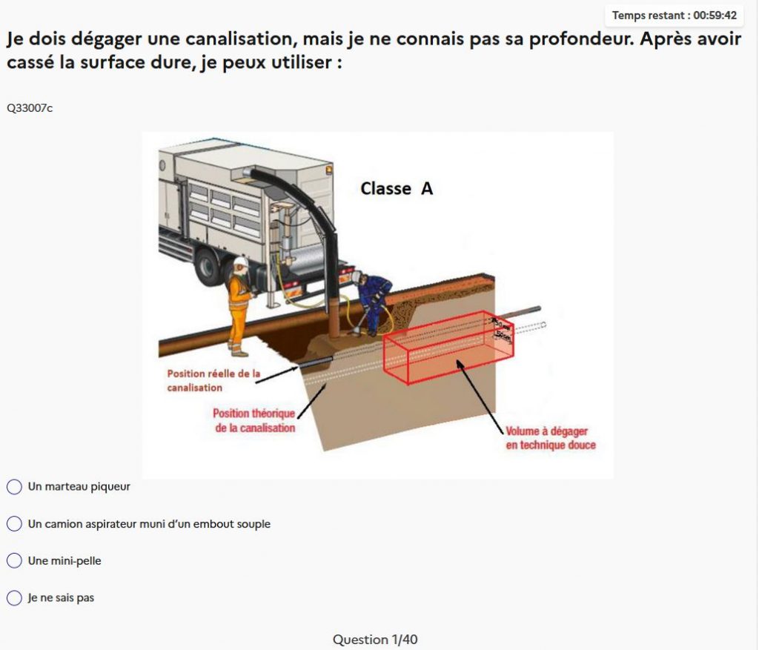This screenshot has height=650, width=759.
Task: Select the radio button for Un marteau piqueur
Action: click(14, 487)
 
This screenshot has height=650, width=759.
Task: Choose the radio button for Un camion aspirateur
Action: click(14, 524)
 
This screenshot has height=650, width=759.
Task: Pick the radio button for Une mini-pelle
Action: click(14, 561)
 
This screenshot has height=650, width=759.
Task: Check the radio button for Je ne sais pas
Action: click(14, 597)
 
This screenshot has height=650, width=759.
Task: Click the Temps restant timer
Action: click(674, 15)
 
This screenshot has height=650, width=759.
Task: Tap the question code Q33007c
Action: click(30, 108)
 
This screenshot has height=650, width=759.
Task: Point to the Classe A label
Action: click(397, 189)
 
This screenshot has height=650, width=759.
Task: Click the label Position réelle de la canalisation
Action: click(213, 380)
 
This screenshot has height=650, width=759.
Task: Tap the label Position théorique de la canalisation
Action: click(254, 420)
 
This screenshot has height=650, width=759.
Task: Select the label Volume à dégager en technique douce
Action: click(550, 438)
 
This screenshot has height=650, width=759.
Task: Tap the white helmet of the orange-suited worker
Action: click(239, 263)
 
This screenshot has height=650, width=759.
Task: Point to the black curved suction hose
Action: click(311, 200)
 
